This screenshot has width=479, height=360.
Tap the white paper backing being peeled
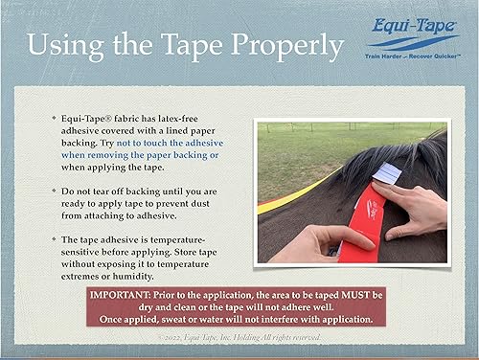point(385,173)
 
